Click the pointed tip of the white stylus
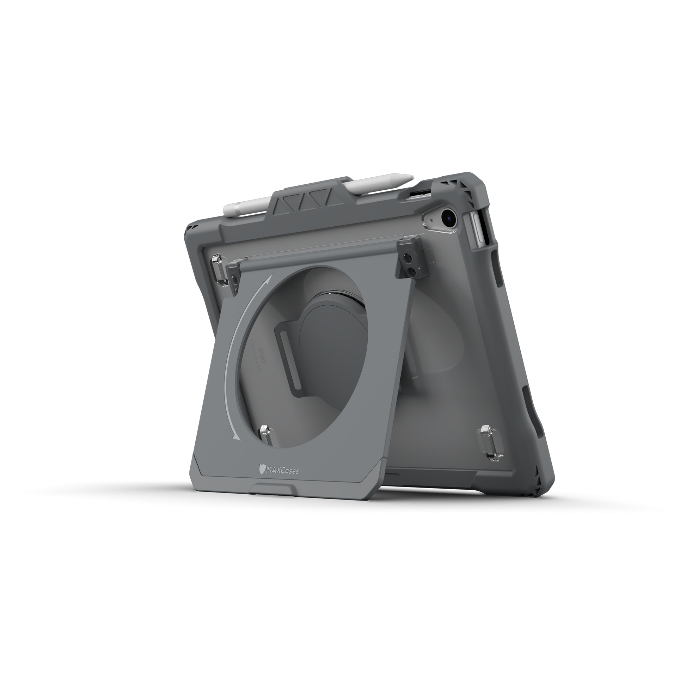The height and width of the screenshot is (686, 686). (412, 176)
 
